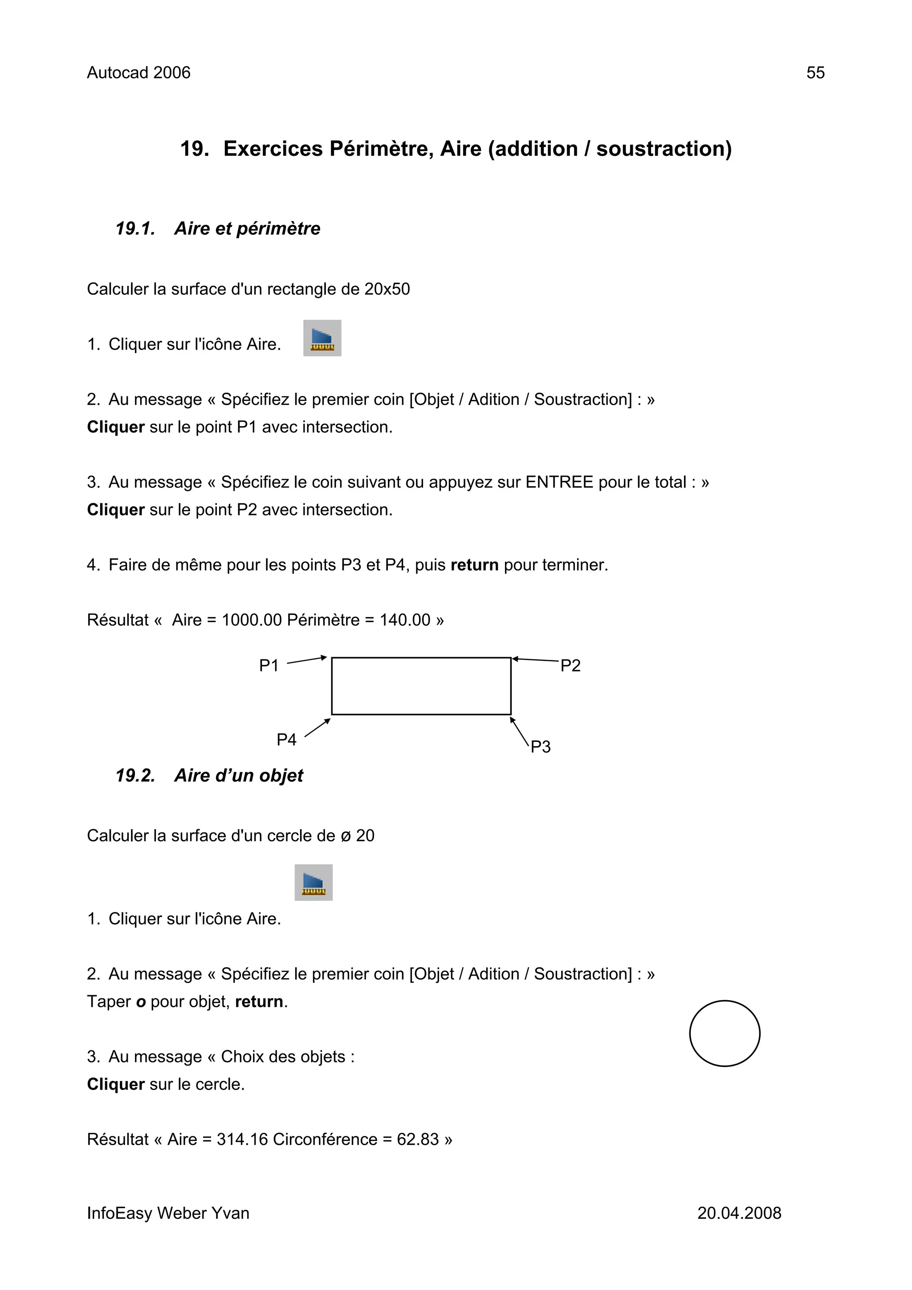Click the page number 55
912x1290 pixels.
[815, 73]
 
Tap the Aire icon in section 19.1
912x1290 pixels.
[322, 338]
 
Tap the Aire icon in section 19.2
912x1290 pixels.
[313, 882]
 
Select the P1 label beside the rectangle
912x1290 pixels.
[269, 666]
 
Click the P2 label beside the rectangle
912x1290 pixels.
[570, 666]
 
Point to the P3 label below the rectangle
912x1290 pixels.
[541, 747]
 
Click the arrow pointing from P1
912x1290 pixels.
[307, 660]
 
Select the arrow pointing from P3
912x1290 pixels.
[520, 732]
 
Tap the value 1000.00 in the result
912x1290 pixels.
[251, 620]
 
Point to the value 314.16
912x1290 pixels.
[242, 1139]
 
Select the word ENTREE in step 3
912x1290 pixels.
[559, 482]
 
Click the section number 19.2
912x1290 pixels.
[135, 775]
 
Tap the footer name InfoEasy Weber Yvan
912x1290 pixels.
[168, 1213]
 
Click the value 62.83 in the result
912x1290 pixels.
[418, 1139]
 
